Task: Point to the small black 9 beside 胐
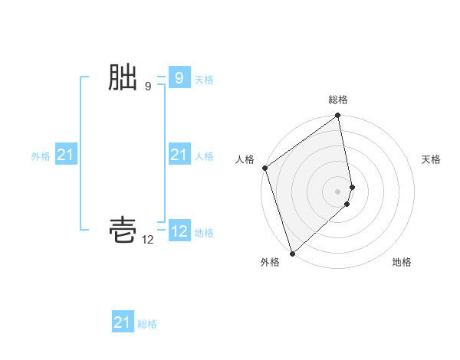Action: tap(148, 87)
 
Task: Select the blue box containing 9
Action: tap(179, 77)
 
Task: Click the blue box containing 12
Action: tap(179, 231)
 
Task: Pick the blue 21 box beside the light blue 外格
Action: tap(66, 155)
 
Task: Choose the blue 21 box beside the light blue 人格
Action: tap(179, 155)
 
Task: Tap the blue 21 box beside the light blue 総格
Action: tap(123, 322)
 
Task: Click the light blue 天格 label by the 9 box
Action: tap(204, 79)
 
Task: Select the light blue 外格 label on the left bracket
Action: tap(41, 156)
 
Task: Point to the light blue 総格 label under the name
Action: tap(147, 324)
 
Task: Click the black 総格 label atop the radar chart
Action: tap(338, 100)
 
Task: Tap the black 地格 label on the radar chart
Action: tap(402, 263)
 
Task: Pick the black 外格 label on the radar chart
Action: tap(270, 263)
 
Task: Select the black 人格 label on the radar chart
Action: tap(245, 159)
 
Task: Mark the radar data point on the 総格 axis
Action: tap(338, 116)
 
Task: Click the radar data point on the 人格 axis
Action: tap(264, 168)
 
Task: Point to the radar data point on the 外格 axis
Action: tap(292, 254)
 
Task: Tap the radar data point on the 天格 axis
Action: tap(352, 186)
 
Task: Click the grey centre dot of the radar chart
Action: tap(338, 191)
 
